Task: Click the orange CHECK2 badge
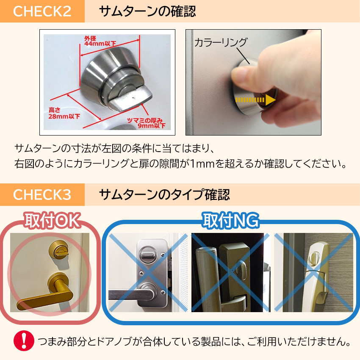42,11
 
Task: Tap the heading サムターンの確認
147,11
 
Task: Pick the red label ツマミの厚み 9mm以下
146,122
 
